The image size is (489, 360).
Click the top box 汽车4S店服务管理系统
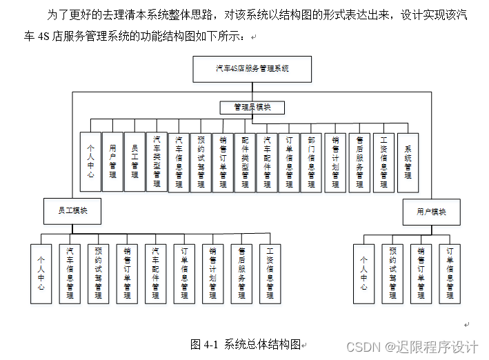click(252, 69)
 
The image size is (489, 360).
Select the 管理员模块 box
click(252, 108)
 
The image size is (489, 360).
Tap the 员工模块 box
click(72, 211)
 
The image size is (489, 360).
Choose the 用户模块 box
click(431, 212)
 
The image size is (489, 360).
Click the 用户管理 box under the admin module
click(112, 161)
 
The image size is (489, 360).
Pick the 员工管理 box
click(134, 161)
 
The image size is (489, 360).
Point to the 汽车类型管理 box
click(157, 161)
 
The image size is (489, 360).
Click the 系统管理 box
click(408, 161)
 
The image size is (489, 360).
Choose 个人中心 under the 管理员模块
click(90, 161)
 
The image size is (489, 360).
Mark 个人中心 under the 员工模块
click(41, 273)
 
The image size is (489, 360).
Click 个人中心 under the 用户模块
click(363, 273)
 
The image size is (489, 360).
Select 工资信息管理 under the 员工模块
click(270, 273)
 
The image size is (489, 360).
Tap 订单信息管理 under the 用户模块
click(450, 273)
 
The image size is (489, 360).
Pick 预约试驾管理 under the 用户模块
click(392, 273)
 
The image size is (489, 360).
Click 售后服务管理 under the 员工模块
click(241, 273)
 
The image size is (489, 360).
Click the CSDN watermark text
click(412, 346)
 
